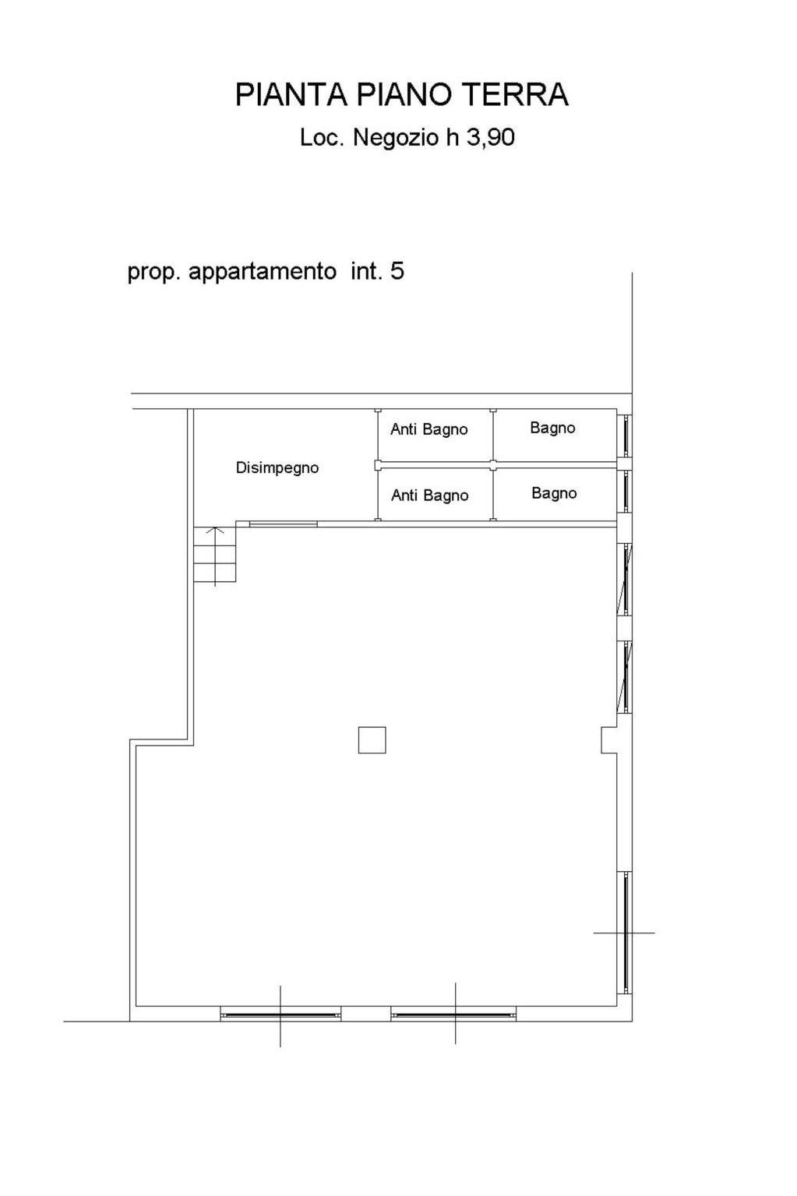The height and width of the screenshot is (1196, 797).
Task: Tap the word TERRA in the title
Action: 515,94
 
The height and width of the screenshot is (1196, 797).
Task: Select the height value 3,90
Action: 491,138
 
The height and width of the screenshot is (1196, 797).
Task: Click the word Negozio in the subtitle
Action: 397,138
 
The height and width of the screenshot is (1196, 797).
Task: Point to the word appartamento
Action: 262,272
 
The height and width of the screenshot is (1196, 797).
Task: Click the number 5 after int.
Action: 397,271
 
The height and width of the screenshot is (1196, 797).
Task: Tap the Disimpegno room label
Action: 277,467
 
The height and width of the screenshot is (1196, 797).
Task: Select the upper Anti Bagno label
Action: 428,429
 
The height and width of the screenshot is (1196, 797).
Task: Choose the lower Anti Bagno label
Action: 430,496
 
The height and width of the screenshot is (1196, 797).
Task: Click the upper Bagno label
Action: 552,428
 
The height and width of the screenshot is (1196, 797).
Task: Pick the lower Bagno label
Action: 554,493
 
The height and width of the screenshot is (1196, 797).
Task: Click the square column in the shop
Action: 372,740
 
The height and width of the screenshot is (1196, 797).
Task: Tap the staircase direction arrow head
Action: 214,530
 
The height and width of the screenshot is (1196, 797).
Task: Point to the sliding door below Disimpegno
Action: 284,524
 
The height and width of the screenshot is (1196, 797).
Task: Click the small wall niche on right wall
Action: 609,740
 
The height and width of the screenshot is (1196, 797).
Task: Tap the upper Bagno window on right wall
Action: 625,436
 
